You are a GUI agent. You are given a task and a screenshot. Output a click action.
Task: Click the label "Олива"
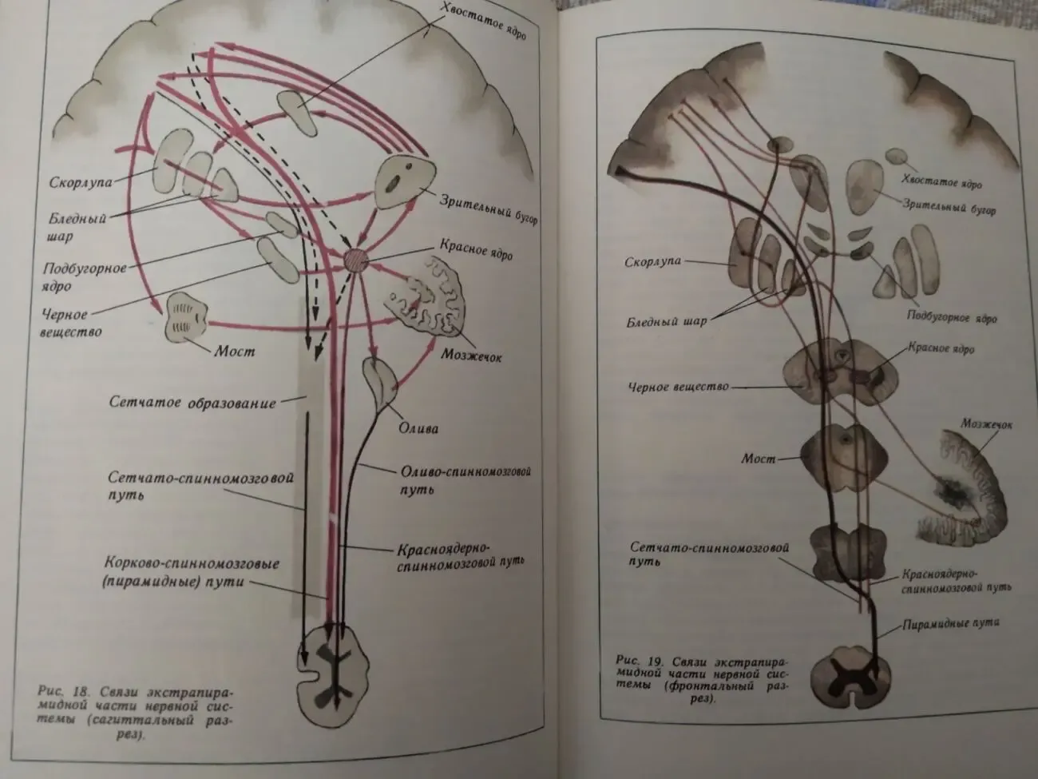(418, 428)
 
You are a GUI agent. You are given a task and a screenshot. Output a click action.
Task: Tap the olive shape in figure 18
(379, 381)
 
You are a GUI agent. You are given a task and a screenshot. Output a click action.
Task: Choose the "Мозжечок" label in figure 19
(986, 424)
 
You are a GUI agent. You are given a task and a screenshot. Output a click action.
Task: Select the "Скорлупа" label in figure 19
(652, 261)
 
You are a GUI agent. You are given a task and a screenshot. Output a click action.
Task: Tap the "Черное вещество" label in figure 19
(678, 387)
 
